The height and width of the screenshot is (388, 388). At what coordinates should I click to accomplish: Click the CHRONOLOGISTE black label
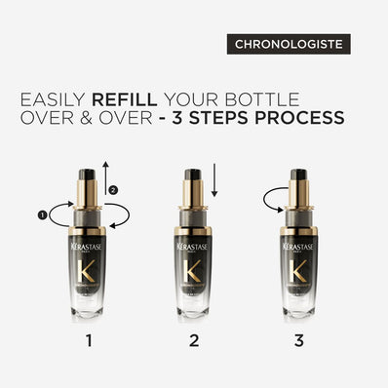pyautogui.click(x=290, y=44)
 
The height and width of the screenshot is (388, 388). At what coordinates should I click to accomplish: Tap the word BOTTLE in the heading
pyautogui.click(x=303, y=97)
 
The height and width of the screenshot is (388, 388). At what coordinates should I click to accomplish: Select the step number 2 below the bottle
pyautogui.click(x=194, y=341)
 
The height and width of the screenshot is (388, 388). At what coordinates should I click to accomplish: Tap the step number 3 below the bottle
pyautogui.click(x=298, y=341)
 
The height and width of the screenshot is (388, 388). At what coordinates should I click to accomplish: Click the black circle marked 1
pyautogui.click(x=42, y=213)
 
